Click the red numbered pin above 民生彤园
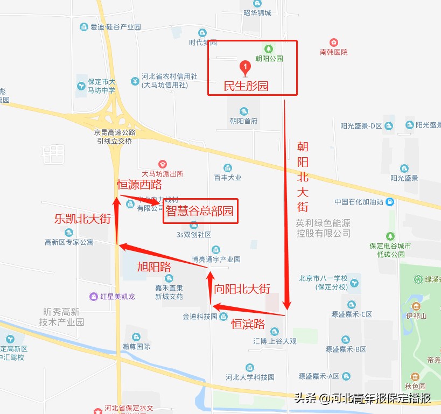pyautogui.click(x=245, y=68)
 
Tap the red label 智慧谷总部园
pyautogui.click(x=200, y=211)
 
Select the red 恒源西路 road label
pyautogui.click(x=139, y=185)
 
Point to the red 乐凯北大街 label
pyautogui.click(x=82, y=219)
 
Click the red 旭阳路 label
pyautogui.click(x=153, y=266)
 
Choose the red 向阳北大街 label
pyautogui.click(x=242, y=289)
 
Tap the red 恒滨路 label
pyautogui.click(x=248, y=324)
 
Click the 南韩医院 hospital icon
pyautogui.click(x=334, y=43)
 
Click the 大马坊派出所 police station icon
pyautogui.click(x=162, y=164)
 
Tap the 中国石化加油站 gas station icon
pyautogui.click(x=390, y=202)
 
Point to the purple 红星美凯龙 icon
pyautogui.click(x=95, y=297)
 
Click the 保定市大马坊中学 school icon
pyautogui.click(x=81, y=85)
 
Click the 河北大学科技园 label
pyautogui.click(x=250, y=377)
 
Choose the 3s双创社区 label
pyautogui.click(x=194, y=235)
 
